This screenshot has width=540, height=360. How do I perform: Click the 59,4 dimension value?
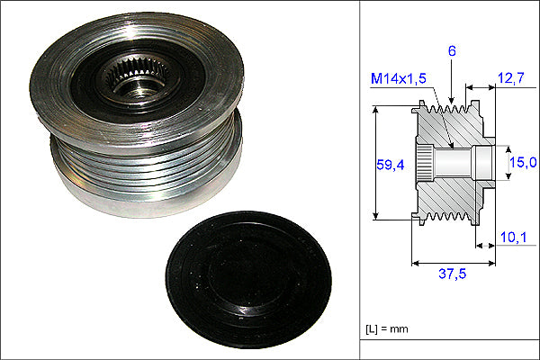pyautogui.click(x=391, y=165)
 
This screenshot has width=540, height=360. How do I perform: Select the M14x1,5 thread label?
pyautogui.click(x=399, y=78)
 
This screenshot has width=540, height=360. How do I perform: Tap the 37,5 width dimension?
pyautogui.click(x=452, y=274)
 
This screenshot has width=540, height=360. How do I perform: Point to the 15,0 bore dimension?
pyautogui.click(x=523, y=162)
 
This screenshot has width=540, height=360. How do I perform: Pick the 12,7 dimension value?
pyautogui.click(x=511, y=78)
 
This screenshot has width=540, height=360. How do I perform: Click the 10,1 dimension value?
pyautogui.click(x=513, y=237)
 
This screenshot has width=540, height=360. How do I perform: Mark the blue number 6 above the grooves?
pyautogui.click(x=452, y=51)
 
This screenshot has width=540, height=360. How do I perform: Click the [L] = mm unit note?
pyautogui.click(x=387, y=328)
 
